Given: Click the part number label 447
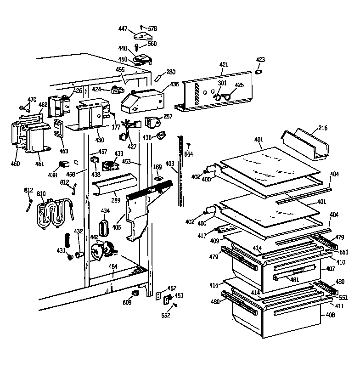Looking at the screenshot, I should (122, 28).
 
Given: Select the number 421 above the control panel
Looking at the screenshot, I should (223, 65).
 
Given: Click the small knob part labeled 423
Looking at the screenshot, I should (259, 72).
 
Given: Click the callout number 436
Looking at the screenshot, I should (174, 85).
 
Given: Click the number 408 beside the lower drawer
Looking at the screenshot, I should (330, 315).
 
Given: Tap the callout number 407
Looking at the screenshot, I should (330, 269).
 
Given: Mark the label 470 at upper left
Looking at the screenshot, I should (32, 100).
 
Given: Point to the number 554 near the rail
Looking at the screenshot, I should (189, 154).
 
